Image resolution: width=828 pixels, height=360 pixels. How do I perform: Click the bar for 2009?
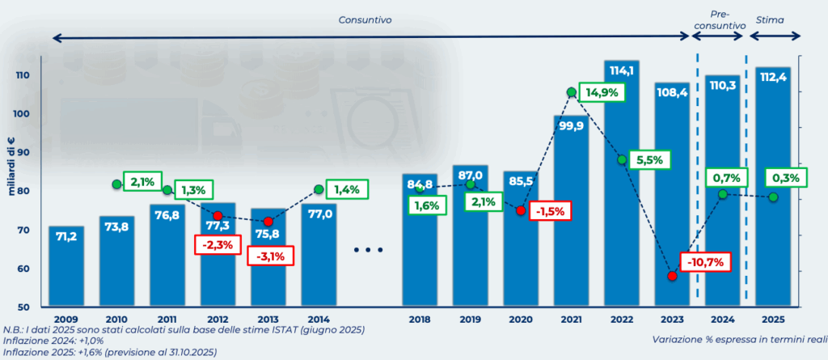pos(65,267)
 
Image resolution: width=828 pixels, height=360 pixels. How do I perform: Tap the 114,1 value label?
pos(621,70)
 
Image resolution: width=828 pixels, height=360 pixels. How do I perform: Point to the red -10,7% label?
pos(706,263)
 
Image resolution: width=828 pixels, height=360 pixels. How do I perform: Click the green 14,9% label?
pos(602,92)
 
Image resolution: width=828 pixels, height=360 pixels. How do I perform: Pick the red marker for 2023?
pos(672,276)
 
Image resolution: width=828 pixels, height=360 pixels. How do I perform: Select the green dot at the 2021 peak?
pos(572,92)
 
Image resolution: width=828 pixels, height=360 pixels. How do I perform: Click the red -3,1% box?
pos(270,256)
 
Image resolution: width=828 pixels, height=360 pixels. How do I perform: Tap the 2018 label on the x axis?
pos(420,320)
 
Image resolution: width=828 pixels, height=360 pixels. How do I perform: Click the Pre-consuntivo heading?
pos(719,19)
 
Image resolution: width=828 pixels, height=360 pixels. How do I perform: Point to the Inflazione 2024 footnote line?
pos(49,341)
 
